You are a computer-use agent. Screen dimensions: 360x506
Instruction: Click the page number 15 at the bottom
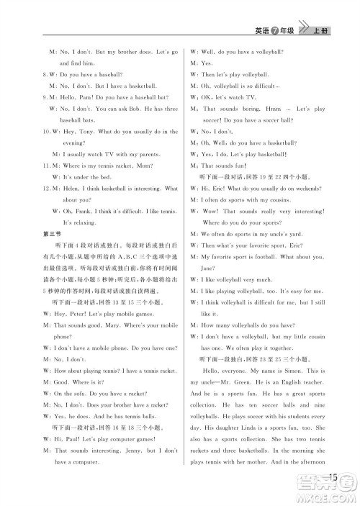[332, 476]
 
